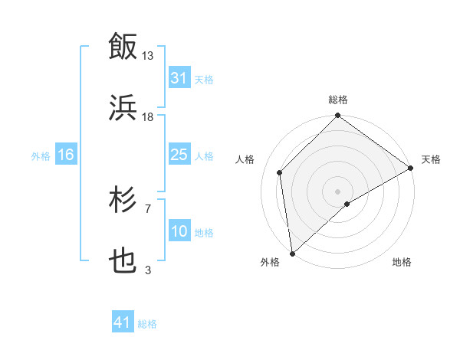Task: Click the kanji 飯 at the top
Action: tap(123, 46)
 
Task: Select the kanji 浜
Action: tap(123, 107)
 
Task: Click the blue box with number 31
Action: tap(179, 78)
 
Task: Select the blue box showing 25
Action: tap(179, 155)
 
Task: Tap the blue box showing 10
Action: tap(179, 231)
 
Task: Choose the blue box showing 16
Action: tap(66, 155)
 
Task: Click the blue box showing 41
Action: tap(123, 322)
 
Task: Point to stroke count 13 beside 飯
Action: tap(148, 55)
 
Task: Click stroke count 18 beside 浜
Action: tap(148, 116)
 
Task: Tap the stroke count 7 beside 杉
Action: tap(148, 208)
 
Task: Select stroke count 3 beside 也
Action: tap(148, 270)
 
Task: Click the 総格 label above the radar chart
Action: tap(338, 100)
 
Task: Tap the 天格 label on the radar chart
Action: tap(431, 159)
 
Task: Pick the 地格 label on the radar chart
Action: tap(402, 262)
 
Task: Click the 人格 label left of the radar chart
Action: tap(246, 159)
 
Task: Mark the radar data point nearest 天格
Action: tap(411, 168)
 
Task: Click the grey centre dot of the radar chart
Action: tap(338, 191)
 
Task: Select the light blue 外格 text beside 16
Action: tap(41, 155)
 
